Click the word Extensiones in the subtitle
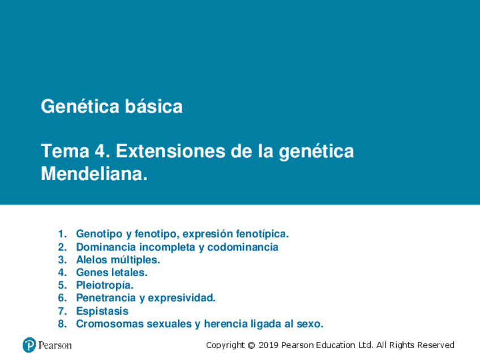(x=170, y=151)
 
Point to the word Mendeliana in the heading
(x=95, y=174)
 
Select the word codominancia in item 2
(x=243, y=247)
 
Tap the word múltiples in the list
(x=135, y=260)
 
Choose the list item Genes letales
(x=112, y=272)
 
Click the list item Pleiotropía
(x=105, y=285)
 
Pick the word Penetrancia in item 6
(x=106, y=298)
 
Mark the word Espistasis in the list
(x=102, y=311)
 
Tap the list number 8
(x=62, y=324)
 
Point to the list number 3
(x=62, y=260)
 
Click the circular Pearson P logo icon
(x=29, y=345)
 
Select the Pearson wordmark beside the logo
(x=55, y=345)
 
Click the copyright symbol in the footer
(x=251, y=345)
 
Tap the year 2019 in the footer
(x=268, y=345)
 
